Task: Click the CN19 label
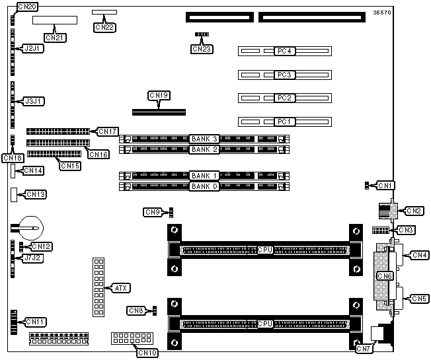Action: [159, 96]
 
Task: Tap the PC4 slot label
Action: [284, 51]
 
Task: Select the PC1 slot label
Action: [284, 122]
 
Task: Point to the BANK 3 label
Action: [205, 139]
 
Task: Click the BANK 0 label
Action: [205, 186]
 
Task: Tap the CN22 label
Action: [104, 27]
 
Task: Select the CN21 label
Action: [55, 38]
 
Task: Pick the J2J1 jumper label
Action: [34, 49]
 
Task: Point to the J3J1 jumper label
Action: [34, 101]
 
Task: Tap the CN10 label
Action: [147, 352]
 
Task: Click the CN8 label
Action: [136, 310]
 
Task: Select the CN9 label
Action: [153, 212]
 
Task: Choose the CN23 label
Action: [200, 48]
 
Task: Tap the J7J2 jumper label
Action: [33, 258]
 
